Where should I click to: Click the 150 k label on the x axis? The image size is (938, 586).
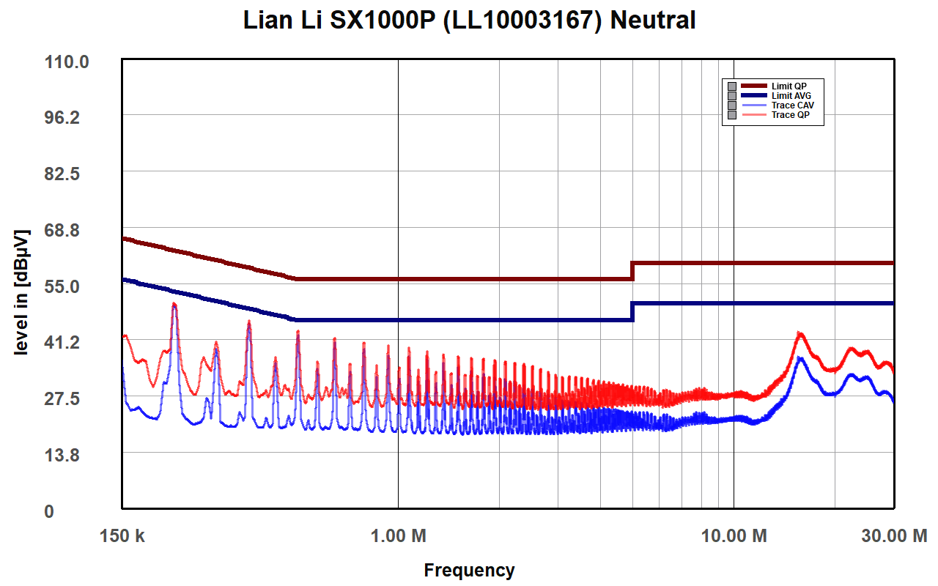[122, 535]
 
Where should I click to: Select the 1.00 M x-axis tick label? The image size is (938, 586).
[398, 535]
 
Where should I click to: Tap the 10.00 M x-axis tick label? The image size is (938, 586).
[734, 535]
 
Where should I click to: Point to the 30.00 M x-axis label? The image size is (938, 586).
[893, 535]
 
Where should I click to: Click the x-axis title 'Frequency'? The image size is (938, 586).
[469, 570]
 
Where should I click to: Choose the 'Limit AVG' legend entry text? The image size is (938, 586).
[791, 96]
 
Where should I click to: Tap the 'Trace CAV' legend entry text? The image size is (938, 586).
[793, 105]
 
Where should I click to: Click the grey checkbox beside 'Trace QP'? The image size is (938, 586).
[731, 115]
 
